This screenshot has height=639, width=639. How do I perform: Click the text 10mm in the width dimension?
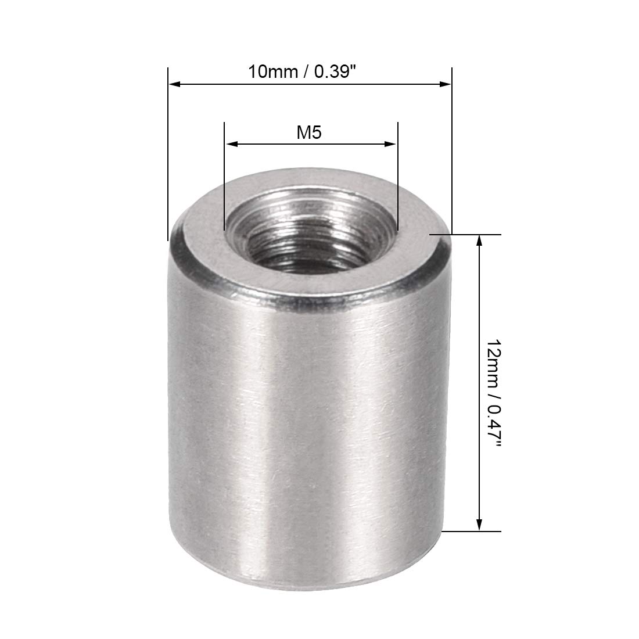click(272, 72)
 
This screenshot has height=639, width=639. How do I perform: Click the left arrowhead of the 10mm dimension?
click(174, 84)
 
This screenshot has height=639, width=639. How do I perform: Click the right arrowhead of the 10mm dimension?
click(445, 84)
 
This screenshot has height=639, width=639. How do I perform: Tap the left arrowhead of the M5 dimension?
click(231, 144)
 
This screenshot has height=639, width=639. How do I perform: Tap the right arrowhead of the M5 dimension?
click(391, 144)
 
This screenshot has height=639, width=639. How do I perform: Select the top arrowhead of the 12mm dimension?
click(479, 241)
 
